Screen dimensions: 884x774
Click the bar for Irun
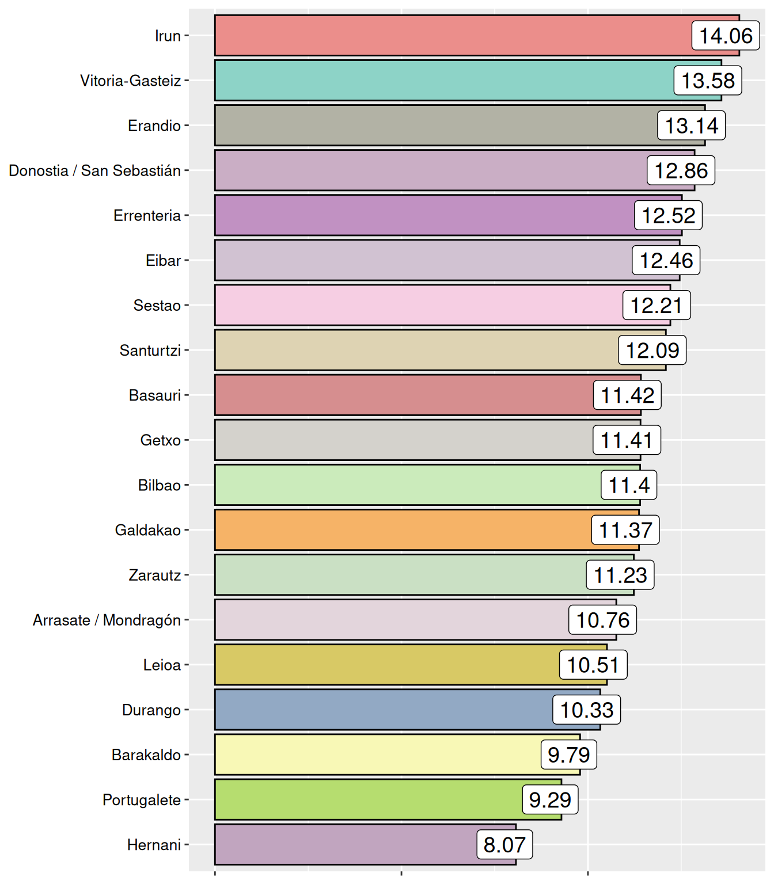point(449,36)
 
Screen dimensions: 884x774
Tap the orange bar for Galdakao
point(403,530)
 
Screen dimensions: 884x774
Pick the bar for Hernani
point(346,844)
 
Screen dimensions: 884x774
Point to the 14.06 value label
point(726,36)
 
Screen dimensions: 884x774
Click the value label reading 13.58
point(708,81)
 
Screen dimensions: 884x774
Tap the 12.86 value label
point(681,170)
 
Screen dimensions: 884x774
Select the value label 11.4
point(629,485)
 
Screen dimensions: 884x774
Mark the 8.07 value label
point(504,844)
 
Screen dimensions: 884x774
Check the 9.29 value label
point(550,799)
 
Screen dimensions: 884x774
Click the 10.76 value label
point(603,620)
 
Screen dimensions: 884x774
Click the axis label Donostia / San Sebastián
point(95,170)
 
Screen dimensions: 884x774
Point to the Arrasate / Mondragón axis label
point(107,620)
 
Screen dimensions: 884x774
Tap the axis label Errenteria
point(147,215)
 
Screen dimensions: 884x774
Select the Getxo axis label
point(161,440)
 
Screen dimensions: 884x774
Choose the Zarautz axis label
point(155,575)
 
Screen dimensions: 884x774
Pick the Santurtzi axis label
point(150,350)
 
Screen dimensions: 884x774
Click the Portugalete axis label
point(142,799)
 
